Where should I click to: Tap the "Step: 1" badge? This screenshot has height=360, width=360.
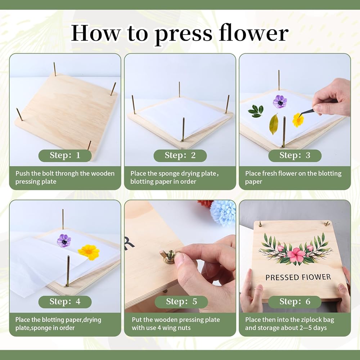[65, 156]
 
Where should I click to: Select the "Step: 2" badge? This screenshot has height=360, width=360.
[180, 156]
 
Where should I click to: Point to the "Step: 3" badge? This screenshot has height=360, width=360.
[295, 156]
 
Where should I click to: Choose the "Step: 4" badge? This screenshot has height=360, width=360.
[65, 302]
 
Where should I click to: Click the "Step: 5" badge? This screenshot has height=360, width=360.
[181, 302]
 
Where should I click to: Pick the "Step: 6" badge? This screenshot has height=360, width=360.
[295, 302]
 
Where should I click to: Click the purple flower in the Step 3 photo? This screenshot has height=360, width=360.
[280, 102]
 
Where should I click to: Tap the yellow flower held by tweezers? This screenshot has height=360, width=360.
[298, 120]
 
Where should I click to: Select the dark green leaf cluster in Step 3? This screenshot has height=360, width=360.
[256, 111]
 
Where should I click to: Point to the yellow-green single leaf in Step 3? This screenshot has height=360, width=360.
[274, 124]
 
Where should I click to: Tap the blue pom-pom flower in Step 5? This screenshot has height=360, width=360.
[223, 212]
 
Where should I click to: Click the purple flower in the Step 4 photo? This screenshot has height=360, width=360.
[64, 240]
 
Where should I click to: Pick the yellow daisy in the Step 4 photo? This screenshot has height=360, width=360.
[89, 252]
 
